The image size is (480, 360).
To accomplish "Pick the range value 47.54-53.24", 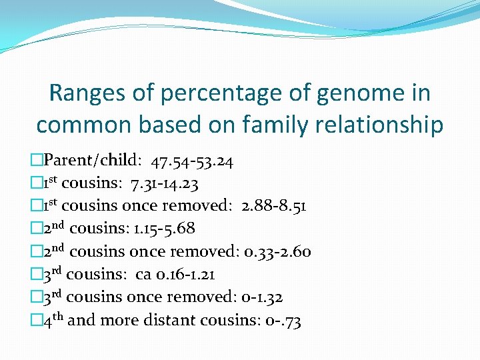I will [192, 161].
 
